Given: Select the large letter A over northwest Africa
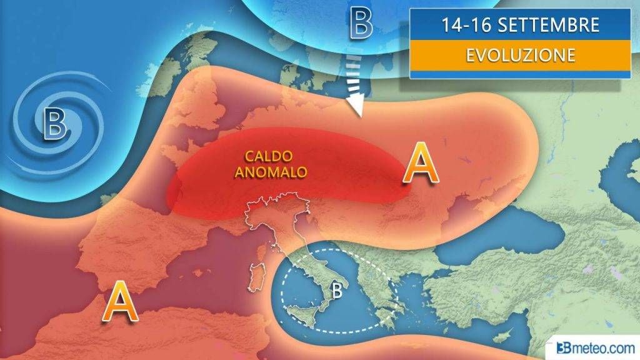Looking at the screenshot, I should click(120, 302).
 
